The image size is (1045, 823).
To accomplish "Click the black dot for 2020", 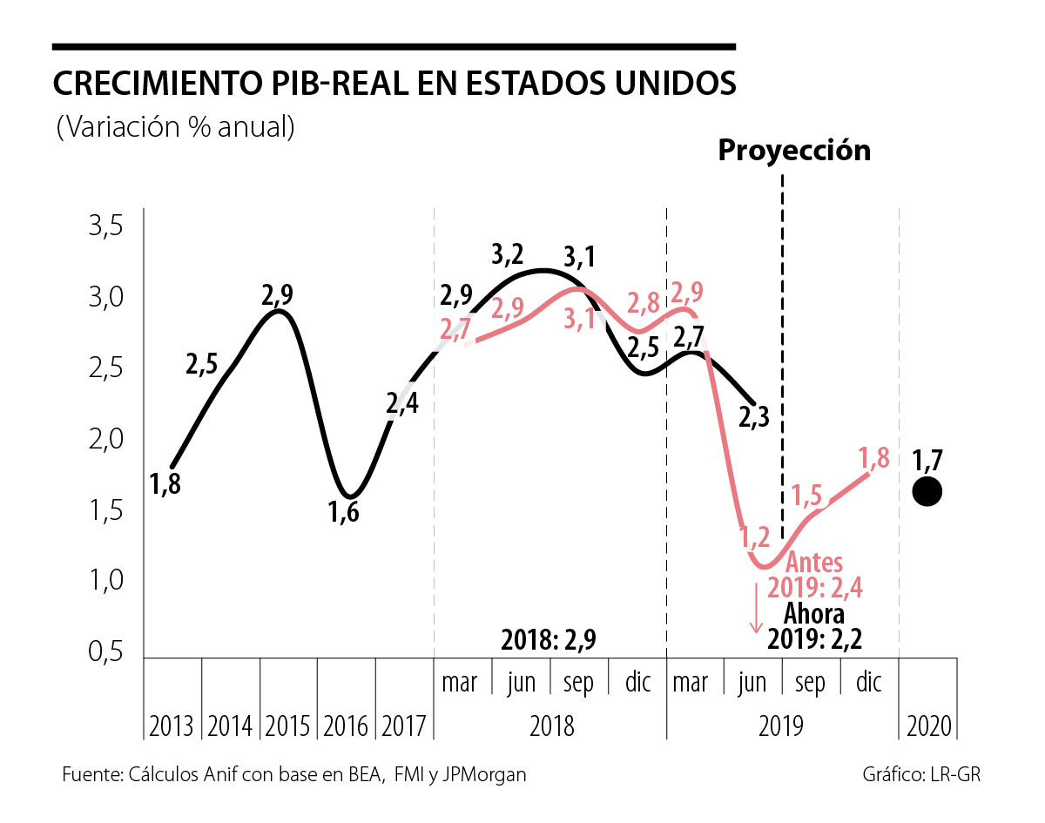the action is point(927,492).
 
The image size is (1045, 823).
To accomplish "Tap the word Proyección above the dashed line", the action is point(794,150).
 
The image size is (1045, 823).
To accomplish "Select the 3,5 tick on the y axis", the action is point(106,226).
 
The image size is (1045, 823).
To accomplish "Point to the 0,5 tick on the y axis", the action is point(106,651).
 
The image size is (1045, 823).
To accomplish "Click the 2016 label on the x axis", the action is point(345,726).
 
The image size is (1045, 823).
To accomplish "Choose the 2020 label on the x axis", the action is point(929,726).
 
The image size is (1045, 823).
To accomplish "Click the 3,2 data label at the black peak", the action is point(508,254).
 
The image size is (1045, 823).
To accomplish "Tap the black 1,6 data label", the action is point(343,511).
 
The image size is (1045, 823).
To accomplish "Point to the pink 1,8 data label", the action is point(874,457).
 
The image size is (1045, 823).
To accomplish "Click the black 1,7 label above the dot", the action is point(927,461).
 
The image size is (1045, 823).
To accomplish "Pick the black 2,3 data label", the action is point(754,417).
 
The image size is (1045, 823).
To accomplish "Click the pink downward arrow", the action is point(756,608).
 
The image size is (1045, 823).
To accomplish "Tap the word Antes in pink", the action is point(814,563).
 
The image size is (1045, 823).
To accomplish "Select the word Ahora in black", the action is point(814,614).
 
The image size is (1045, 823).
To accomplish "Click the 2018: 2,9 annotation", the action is point(549,640).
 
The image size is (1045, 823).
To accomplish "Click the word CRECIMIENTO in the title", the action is point(158,84).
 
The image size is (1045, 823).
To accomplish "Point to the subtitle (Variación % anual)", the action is point(175,127).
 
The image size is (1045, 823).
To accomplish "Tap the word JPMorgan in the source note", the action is point(484,775).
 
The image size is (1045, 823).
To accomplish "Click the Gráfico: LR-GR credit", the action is point(921,775).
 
